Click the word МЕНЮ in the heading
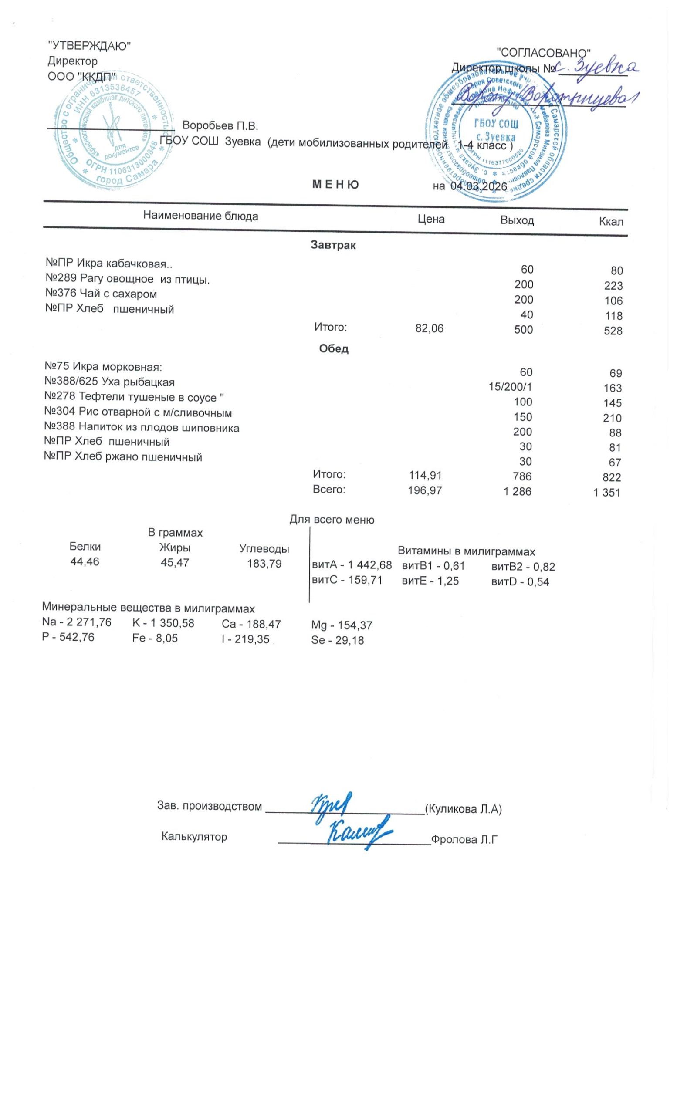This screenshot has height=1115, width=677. [x=335, y=185]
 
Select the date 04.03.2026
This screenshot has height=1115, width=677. [x=478, y=186]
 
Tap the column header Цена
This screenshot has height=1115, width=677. [x=430, y=220]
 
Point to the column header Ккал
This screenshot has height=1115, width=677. [x=610, y=221]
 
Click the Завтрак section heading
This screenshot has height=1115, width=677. [x=333, y=245]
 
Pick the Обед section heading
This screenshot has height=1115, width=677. [x=334, y=348]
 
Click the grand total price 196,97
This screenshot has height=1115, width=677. [x=424, y=490]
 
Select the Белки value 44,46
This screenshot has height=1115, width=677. [x=85, y=561]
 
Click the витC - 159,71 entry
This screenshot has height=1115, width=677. [x=347, y=580]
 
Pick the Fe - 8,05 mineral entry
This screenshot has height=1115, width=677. [x=155, y=638]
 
